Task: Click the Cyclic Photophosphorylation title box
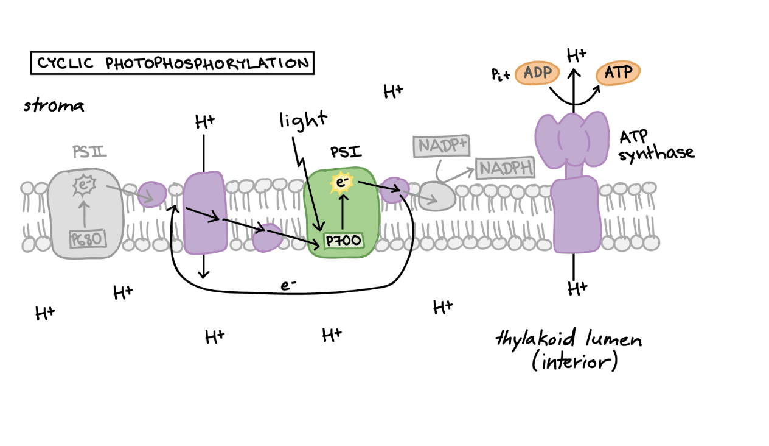[x=172, y=63]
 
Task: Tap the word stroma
[x=54, y=106]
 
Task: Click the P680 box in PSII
[x=87, y=239]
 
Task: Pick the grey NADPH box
[x=505, y=168]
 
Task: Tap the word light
[x=303, y=119]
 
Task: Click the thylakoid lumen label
[x=568, y=349]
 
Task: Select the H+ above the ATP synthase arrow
[x=576, y=56]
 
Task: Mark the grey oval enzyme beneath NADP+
[x=437, y=197]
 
